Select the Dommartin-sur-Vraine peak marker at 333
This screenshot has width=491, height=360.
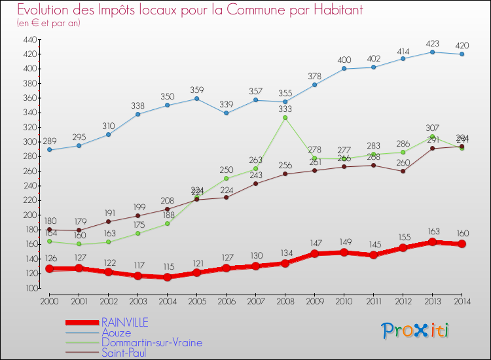click(x=285, y=118)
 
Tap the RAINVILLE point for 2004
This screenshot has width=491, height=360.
click(x=167, y=277)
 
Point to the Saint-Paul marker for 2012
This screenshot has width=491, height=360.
click(x=403, y=171)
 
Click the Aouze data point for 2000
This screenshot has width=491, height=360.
click(x=49, y=150)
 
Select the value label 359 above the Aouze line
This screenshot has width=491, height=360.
click(x=196, y=90)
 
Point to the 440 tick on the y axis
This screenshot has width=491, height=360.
click(x=29, y=39)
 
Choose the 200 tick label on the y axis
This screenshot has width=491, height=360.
click(x=29, y=215)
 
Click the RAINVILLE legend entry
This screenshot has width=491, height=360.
click(x=124, y=322)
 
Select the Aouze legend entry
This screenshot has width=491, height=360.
click(x=116, y=333)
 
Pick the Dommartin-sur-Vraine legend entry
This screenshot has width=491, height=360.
click(x=151, y=342)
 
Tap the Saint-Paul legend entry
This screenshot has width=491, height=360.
click(x=124, y=353)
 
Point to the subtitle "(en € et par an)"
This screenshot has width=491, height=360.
click(x=49, y=23)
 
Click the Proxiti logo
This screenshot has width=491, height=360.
click(x=415, y=331)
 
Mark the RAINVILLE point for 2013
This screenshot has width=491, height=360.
click(x=432, y=242)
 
